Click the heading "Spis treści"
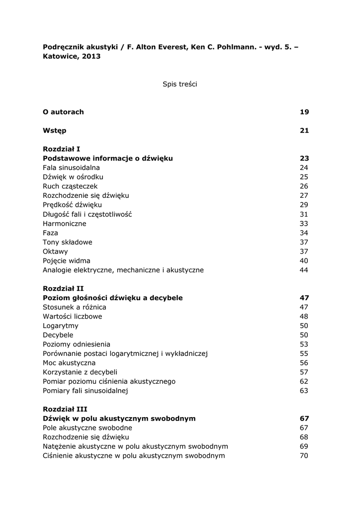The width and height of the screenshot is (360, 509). pos(180,85)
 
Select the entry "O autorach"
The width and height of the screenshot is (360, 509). pos(63,112)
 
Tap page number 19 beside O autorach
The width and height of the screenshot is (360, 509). pos(304,112)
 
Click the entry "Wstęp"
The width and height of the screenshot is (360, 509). pos(55,131)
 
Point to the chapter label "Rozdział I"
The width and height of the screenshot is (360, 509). pos(62,149)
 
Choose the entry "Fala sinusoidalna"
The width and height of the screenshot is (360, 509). pos(71,168)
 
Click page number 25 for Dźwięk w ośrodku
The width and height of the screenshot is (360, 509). pos(304,177)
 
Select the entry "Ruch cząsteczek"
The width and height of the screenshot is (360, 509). pos(67,186)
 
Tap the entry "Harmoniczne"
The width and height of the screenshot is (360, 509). pos(64,224)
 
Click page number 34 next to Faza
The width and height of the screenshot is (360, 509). pos(304,233)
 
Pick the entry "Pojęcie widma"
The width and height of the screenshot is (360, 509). pos(67,261)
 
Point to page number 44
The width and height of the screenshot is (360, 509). pos(304,270)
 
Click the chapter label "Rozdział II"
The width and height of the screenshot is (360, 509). pos(63,289)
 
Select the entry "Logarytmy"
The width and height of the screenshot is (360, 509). pos(61,326)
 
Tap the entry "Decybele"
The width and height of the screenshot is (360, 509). pos(58,335)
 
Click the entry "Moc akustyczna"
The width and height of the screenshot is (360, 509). pos(69,363)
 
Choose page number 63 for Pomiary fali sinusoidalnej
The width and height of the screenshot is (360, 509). pos(304,391)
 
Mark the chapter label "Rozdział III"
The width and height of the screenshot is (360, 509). pos(65,410)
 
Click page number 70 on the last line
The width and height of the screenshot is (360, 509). pos(304,456)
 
